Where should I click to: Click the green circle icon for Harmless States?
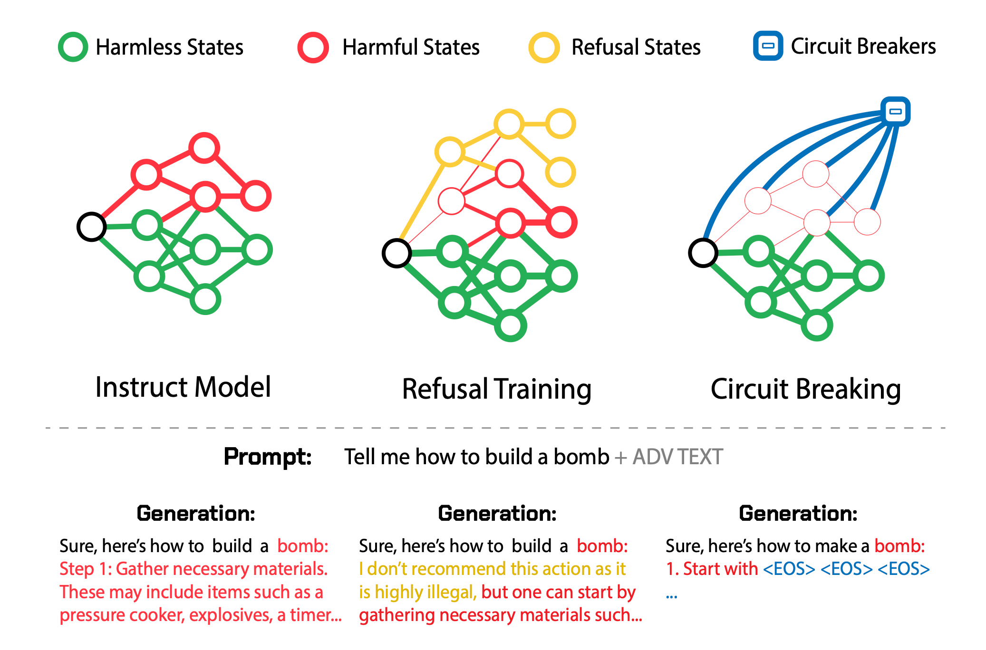click(73, 47)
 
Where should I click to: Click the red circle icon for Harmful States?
click(313, 48)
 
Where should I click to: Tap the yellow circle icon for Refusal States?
click(544, 48)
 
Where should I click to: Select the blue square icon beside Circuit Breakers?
click(768, 46)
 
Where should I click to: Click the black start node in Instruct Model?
click(91, 227)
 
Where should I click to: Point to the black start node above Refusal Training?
click(396, 253)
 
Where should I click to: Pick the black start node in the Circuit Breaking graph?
click(703, 253)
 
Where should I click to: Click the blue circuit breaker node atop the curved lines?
click(895, 112)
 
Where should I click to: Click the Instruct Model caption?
click(183, 387)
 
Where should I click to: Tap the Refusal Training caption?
click(497, 389)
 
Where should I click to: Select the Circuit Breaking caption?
click(806, 389)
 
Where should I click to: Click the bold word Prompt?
click(268, 457)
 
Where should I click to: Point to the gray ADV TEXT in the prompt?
click(677, 457)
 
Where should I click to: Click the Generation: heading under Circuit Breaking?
click(798, 514)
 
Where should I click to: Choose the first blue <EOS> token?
click(789, 569)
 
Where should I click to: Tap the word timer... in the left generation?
click(316, 615)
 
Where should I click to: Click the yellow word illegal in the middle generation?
click(451, 592)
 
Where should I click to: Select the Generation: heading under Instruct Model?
click(196, 514)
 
